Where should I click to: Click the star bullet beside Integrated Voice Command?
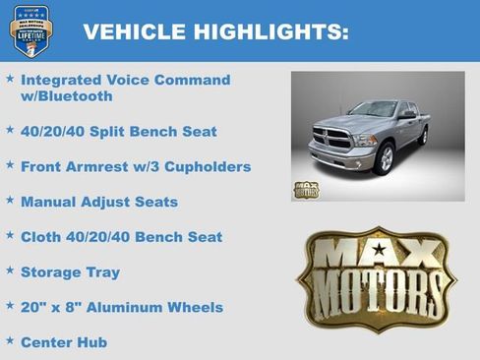10,78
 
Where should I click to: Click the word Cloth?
42,237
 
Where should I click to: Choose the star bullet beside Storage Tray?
10,270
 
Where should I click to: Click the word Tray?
101,272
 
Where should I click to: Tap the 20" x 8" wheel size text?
54,307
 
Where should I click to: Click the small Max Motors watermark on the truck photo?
306,189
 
